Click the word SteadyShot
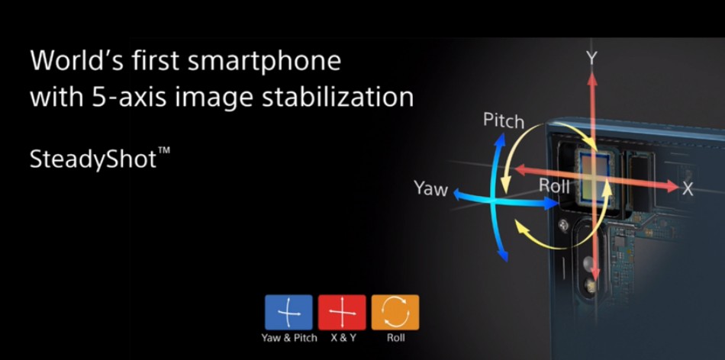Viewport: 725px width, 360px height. [x=93, y=159]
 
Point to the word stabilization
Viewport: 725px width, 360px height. [x=337, y=97]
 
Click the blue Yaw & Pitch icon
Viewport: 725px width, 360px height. [x=288, y=313]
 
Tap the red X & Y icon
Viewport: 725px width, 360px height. [x=342, y=313]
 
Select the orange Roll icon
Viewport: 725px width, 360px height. [x=395, y=313]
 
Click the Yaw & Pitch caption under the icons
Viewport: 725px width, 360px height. [x=289, y=338]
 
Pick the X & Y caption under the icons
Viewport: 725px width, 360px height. [x=343, y=338]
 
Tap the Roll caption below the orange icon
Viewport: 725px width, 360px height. [x=396, y=338]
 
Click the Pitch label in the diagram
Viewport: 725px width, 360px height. [x=504, y=121]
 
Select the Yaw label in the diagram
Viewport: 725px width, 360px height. [x=431, y=188]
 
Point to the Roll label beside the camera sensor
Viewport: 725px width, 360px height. [x=554, y=186]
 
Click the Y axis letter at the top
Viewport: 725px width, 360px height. [x=592, y=58]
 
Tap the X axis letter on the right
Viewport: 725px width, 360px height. [x=688, y=188]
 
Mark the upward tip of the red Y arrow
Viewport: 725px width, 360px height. [x=592, y=73]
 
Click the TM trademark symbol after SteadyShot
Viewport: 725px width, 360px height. [x=164, y=150]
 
